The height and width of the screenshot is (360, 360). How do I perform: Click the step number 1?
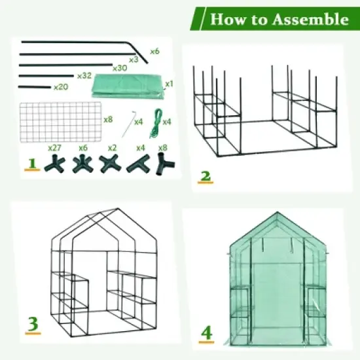click(x=31, y=163)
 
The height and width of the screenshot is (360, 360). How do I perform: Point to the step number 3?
click(x=31, y=324)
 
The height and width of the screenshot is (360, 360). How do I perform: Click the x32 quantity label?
click(x=84, y=76)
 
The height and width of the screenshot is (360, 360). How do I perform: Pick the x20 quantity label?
click(x=60, y=87)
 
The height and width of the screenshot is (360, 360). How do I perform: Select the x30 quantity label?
click(x=119, y=67)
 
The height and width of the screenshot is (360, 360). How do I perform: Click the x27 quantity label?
click(x=54, y=148)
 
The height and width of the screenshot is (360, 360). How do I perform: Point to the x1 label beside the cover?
click(x=168, y=84)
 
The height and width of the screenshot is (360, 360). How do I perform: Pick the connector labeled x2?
click(x=109, y=163)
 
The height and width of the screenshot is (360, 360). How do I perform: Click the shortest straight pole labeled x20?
click(x=35, y=86)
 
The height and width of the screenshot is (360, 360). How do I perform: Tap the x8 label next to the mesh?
click(x=109, y=120)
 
